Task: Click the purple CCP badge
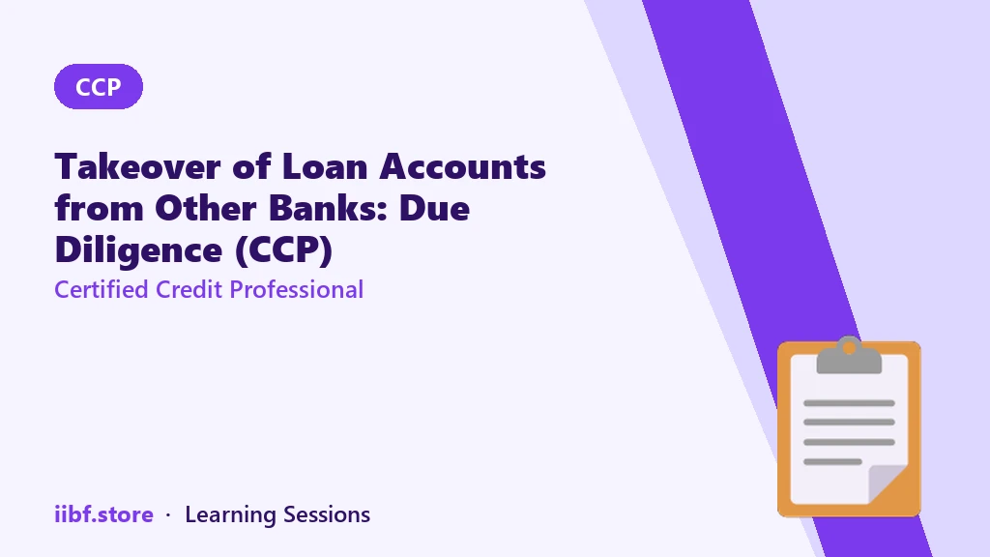click(99, 86)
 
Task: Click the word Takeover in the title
click(137, 166)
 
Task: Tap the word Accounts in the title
click(463, 166)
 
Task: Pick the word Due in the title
click(434, 208)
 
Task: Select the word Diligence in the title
click(139, 250)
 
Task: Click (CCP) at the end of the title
click(283, 250)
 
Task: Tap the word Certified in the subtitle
click(102, 290)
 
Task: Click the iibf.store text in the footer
click(104, 514)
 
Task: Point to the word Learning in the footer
click(230, 515)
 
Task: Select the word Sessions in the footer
click(327, 514)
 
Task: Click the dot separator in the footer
click(168, 515)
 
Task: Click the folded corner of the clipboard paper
click(888, 484)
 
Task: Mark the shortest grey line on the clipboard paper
click(832, 461)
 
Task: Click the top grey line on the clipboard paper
click(849, 403)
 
